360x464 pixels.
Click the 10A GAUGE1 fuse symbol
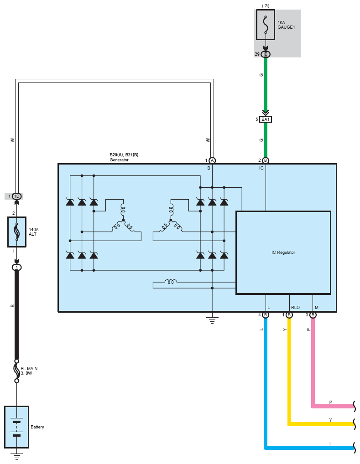click(x=266, y=25)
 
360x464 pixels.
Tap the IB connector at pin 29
click(x=266, y=54)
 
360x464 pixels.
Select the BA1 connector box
click(x=266, y=119)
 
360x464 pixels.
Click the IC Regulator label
click(x=283, y=253)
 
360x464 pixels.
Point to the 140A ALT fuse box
click(x=17, y=232)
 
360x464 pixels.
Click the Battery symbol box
click(x=16, y=427)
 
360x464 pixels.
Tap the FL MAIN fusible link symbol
click(x=16, y=371)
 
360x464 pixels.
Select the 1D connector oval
click(x=17, y=196)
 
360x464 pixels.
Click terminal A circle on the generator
click(x=212, y=160)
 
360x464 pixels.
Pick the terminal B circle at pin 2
click(x=266, y=160)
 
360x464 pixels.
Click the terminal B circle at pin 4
click(x=266, y=315)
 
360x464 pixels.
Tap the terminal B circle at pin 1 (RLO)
click(x=289, y=315)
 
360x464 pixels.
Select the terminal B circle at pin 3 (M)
click(x=313, y=315)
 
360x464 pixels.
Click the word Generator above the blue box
click(x=119, y=160)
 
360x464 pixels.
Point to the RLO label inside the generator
click(x=295, y=308)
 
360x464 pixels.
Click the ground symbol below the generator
click(x=212, y=320)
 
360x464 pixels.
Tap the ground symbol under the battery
click(x=16, y=456)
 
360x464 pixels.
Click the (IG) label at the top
click(x=266, y=5)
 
